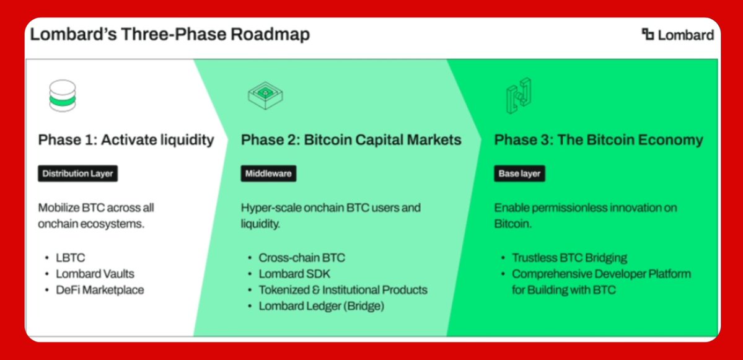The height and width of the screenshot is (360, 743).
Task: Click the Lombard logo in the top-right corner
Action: (677, 35)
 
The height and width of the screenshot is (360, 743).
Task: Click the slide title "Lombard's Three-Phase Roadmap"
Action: (170, 35)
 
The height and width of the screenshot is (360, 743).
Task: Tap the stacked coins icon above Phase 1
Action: (63, 95)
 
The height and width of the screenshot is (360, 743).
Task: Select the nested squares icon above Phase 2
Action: (265, 94)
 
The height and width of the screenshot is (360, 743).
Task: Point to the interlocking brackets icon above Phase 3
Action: (519, 95)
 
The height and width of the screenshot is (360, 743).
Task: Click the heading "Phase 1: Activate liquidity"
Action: (126, 140)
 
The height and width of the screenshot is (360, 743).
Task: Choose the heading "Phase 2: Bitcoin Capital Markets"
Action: (351, 140)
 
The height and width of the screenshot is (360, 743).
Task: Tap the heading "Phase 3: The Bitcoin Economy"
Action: (599, 140)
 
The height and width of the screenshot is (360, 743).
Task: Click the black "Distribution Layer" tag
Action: (77, 174)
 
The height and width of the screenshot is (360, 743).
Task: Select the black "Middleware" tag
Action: (268, 174)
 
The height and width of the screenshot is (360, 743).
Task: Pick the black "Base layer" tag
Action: (519, 174)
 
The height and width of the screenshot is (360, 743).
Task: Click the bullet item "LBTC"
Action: (71, 258)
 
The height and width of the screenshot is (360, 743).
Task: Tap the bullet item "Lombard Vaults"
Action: (95, 274)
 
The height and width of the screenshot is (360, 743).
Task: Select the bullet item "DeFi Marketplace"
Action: (100, 290)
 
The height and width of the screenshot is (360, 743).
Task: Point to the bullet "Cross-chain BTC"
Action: (302, 258)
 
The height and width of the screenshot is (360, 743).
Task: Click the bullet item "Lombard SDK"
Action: (294, 274)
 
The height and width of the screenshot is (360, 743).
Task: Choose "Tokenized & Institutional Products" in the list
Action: (343, 290)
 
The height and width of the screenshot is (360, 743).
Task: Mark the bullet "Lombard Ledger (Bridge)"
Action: (321, 307)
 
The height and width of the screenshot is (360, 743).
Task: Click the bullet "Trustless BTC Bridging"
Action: (569, 258)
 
